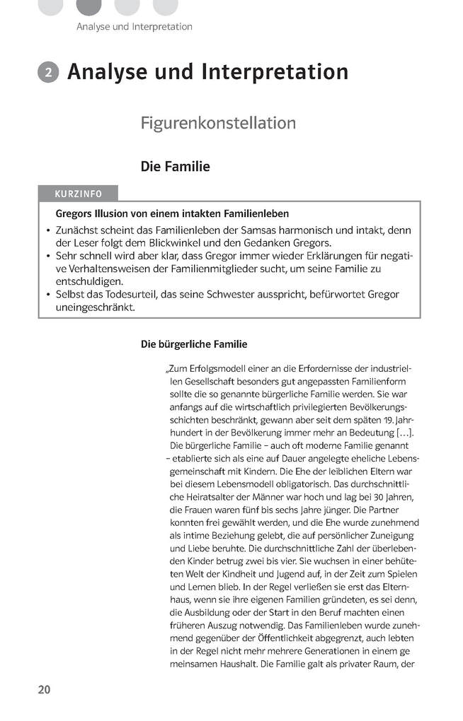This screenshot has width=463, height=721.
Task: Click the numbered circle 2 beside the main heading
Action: [48, 73]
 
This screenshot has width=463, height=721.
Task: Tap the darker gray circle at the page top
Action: [88, 6]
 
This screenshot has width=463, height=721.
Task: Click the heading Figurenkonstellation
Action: [218, 123]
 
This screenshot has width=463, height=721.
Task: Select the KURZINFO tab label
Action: [78, 194]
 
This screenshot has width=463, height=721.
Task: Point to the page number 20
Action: [45, 689]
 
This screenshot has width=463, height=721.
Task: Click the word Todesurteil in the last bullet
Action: [132, 294]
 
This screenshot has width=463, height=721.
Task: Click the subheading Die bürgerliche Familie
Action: [194, 344]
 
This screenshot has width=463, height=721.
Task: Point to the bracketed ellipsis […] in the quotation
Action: [406, 433]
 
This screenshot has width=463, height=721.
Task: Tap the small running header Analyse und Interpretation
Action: [134, 27]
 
